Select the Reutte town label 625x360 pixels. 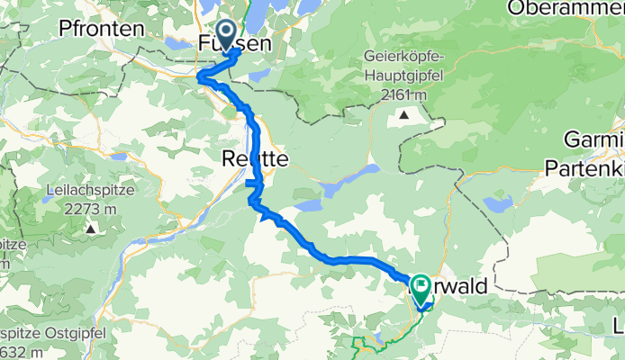[x=255, y=158]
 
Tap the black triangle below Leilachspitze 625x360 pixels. [x=91, y=229]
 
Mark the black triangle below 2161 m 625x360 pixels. [x=403, y=114]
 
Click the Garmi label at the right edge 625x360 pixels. [x=595, y=140]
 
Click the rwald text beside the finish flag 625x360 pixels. [x=461, y=286]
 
